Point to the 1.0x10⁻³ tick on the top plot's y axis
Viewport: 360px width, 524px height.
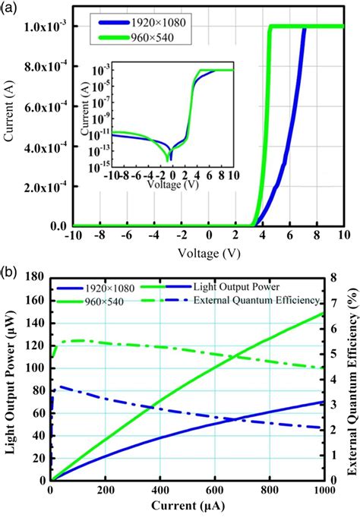[44, 27]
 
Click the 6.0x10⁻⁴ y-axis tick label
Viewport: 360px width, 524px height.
[44, 107]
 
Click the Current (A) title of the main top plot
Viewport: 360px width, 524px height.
[10, 125]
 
